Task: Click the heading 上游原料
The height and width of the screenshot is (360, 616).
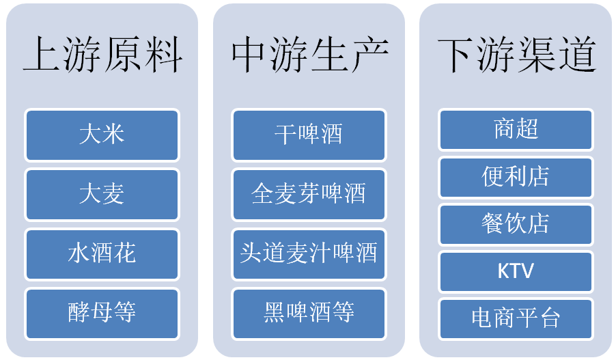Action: pos(102,54)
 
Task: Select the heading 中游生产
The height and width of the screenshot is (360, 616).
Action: pos(309,54)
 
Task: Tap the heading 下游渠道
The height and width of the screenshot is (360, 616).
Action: pos(516,54)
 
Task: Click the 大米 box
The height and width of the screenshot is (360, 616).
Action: pos(102,135)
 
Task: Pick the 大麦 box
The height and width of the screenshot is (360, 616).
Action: pos(102,195)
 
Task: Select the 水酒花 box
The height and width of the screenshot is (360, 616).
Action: pos(102,254)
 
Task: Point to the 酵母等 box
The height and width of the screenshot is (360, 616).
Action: pos(102,314)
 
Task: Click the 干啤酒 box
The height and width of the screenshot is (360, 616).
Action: pos(309,135)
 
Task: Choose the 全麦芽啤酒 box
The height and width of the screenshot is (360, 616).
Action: pos(309,195)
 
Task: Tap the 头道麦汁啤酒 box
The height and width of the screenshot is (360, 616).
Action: pos(309,254)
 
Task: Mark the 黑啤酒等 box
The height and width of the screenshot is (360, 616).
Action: pos(309,314)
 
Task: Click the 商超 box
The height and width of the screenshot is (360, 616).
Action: pos(516,130)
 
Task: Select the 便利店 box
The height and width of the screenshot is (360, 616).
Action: pos(516,177)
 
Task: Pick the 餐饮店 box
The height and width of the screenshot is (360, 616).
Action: pos(516,224)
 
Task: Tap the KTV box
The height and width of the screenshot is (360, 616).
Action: pos(516,271)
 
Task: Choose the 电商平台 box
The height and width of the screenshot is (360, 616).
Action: pos(516,318)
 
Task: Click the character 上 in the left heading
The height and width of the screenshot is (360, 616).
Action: pos(42,54)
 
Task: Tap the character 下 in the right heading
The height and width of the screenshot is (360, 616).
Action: pos(456,54)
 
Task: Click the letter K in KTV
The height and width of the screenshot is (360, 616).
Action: pos(503,271)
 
